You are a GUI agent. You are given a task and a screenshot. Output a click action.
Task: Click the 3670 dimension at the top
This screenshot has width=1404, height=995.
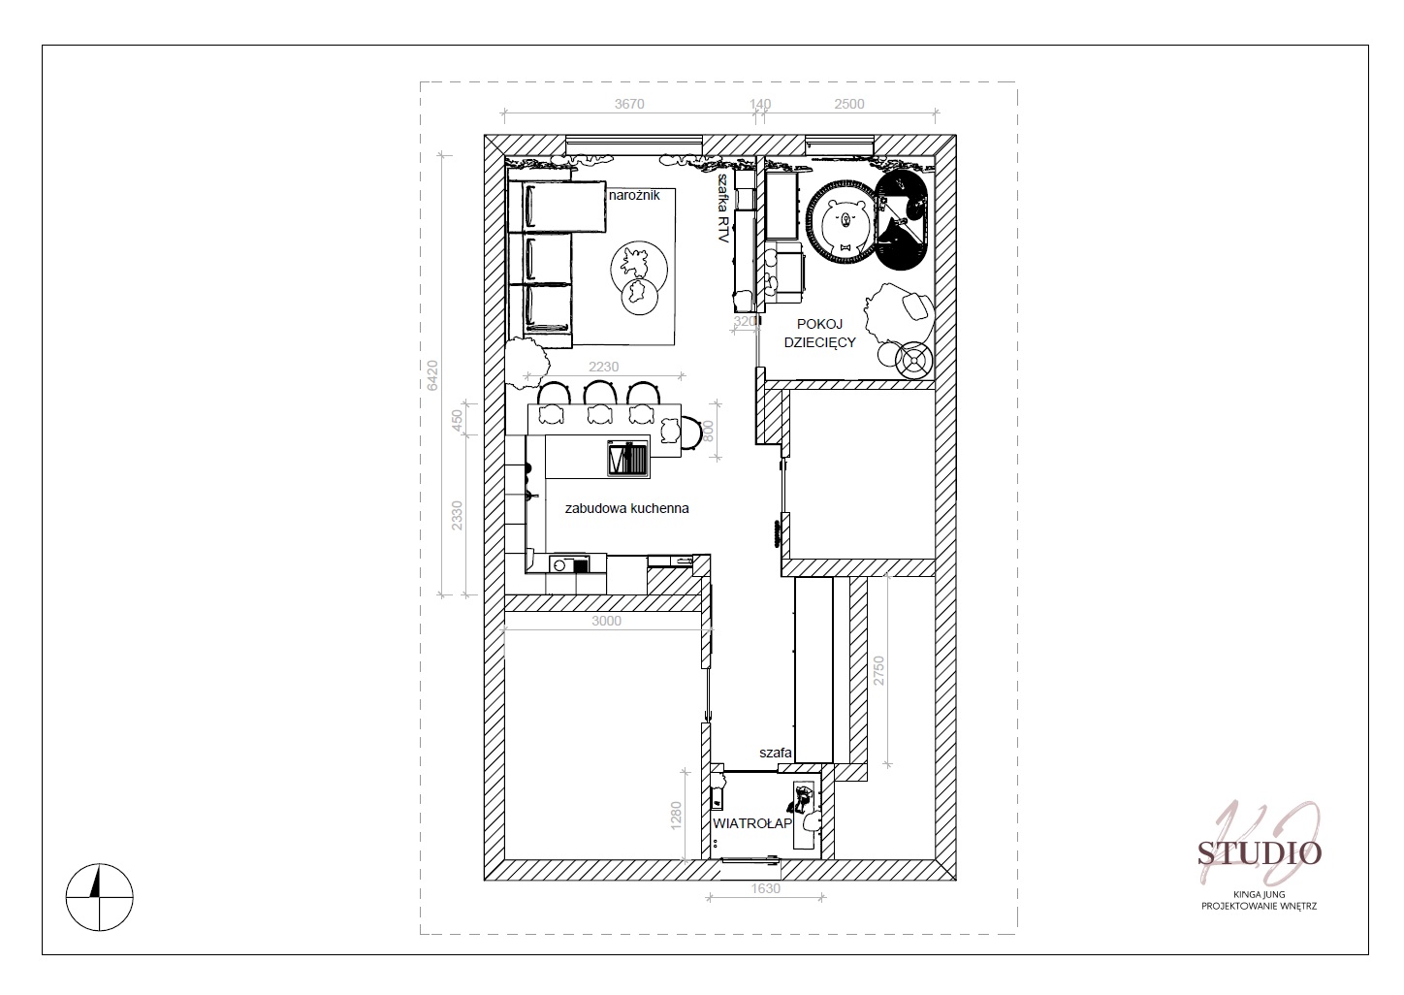tap(628, 104)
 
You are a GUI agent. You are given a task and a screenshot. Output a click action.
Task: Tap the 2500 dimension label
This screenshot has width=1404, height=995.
tap(848, 104)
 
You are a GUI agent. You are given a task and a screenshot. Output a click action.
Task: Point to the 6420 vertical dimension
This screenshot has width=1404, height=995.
tap(432, 375)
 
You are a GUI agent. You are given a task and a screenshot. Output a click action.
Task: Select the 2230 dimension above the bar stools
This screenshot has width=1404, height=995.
tap(603, 367)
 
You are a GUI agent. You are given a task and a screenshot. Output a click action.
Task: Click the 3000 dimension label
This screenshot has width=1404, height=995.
tap(606, 621)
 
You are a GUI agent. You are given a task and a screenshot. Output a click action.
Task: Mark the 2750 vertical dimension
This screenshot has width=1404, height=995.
tap(878, 670)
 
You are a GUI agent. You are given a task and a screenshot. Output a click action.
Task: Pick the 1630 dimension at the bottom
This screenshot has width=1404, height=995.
tap(765, 888)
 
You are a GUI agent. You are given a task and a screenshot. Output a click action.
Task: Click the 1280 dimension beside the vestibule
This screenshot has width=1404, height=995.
tap(676, 815)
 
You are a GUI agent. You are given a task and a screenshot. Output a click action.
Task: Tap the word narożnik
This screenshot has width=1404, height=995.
tap(634, 195)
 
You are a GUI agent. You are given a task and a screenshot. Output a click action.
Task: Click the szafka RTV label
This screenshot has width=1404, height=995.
tap(723, 209)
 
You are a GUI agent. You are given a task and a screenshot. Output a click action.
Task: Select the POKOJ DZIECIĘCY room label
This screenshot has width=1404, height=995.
tap(820, 333)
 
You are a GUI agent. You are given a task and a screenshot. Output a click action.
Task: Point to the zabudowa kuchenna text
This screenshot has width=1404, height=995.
tap(626, 508)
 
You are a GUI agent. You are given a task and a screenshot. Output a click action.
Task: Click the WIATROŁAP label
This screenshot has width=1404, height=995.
tap(752, 823)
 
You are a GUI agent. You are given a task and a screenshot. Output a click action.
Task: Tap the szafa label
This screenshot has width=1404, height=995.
tap(776, 753)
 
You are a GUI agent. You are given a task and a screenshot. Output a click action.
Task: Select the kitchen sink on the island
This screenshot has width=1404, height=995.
tap(628, 459)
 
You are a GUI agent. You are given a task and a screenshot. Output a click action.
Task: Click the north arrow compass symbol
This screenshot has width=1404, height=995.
tap(100, 897)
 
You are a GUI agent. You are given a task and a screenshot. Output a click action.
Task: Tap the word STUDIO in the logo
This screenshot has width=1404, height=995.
tap(1260, 853)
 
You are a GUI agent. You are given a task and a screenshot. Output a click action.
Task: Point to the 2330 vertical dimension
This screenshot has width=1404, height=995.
tap(457, 515)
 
